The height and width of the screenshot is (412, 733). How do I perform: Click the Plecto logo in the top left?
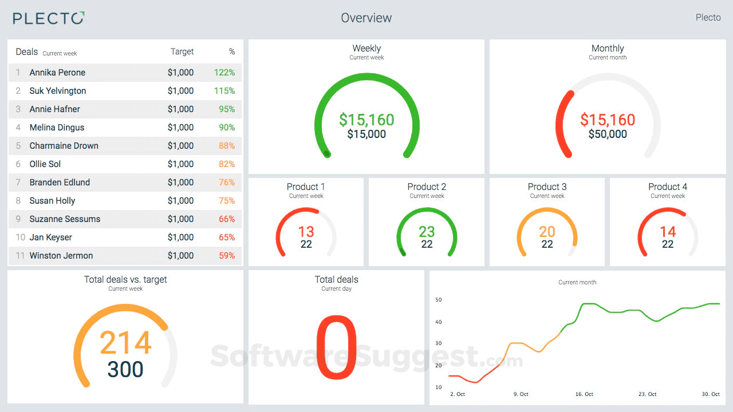pyautogui.click(x=49, y=18)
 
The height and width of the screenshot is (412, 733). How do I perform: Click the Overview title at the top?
pyautogui.click(x=366, y=18)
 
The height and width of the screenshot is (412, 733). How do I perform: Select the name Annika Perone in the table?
pyautogui.click(x=57, y=73)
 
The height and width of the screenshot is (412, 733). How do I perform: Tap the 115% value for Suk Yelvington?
pyautogui.click(x=224, y=91)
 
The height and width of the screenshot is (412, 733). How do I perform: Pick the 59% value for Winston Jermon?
pyautogui.click(x=227, y=256)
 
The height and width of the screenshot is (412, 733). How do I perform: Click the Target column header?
pyautogui.click(x=182, y=51)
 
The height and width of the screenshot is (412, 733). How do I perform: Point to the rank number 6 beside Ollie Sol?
pyautogui.click(x=18, y=164)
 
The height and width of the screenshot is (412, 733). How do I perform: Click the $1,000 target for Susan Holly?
pyautogui.click(x=180, y=201)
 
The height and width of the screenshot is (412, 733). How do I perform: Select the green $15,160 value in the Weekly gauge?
pyautogui.click(x=366, y=120)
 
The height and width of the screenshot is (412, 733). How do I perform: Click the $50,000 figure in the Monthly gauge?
pyautogui.click(x=608, y=134)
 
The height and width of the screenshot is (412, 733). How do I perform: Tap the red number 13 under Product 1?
pyautogui.click(x=306, y=232)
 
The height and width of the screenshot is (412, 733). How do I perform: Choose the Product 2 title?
pyautogui.click(x=427, y=187)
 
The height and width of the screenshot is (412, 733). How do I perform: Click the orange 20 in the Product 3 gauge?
pyautogui.click(x=547, y=232)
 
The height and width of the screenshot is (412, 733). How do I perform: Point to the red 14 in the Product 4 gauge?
pyautogui.click(x=668, y=232)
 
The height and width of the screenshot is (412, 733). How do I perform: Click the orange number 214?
pyautogui.click(x=125, y=343)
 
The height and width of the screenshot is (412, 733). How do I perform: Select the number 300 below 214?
pyautogui.click(x=125, y=370)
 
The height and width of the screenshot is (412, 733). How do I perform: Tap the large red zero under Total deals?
pyautogui.click(x=336, y=347)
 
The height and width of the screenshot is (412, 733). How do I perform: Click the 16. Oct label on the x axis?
pyautogui.click(x=584, y=394)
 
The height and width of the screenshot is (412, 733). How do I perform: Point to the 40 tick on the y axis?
pyautogui.click(x=439, y=322)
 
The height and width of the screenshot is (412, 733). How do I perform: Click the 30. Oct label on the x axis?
pyautogui.click(x=711, y=394)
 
